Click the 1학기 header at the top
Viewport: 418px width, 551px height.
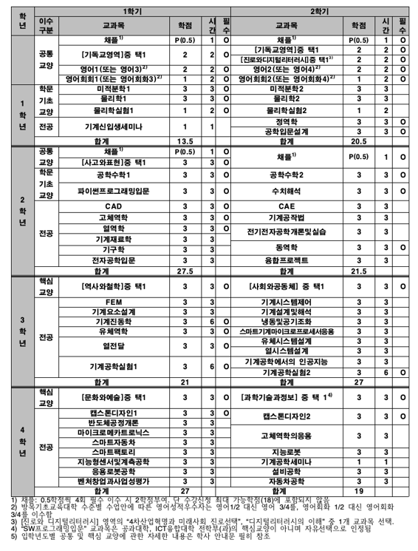133,7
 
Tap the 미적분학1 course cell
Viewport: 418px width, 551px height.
113,88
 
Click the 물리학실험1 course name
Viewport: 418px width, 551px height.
113,110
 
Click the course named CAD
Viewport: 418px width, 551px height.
113,206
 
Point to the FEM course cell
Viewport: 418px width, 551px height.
113,301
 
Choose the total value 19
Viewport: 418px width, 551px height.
359,490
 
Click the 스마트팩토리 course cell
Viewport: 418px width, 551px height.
113,450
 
